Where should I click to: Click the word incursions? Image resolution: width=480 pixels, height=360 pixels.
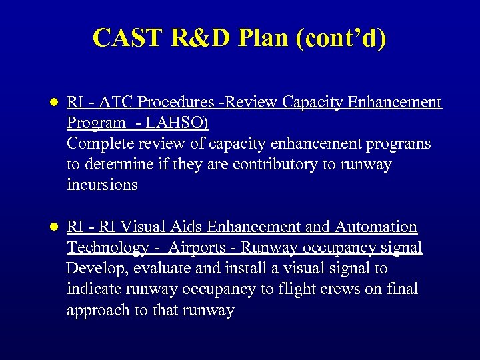click(101, 185)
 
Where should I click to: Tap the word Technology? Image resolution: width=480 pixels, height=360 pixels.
click(107, 247)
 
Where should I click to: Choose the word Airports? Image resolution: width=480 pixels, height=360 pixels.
click(197, 247)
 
